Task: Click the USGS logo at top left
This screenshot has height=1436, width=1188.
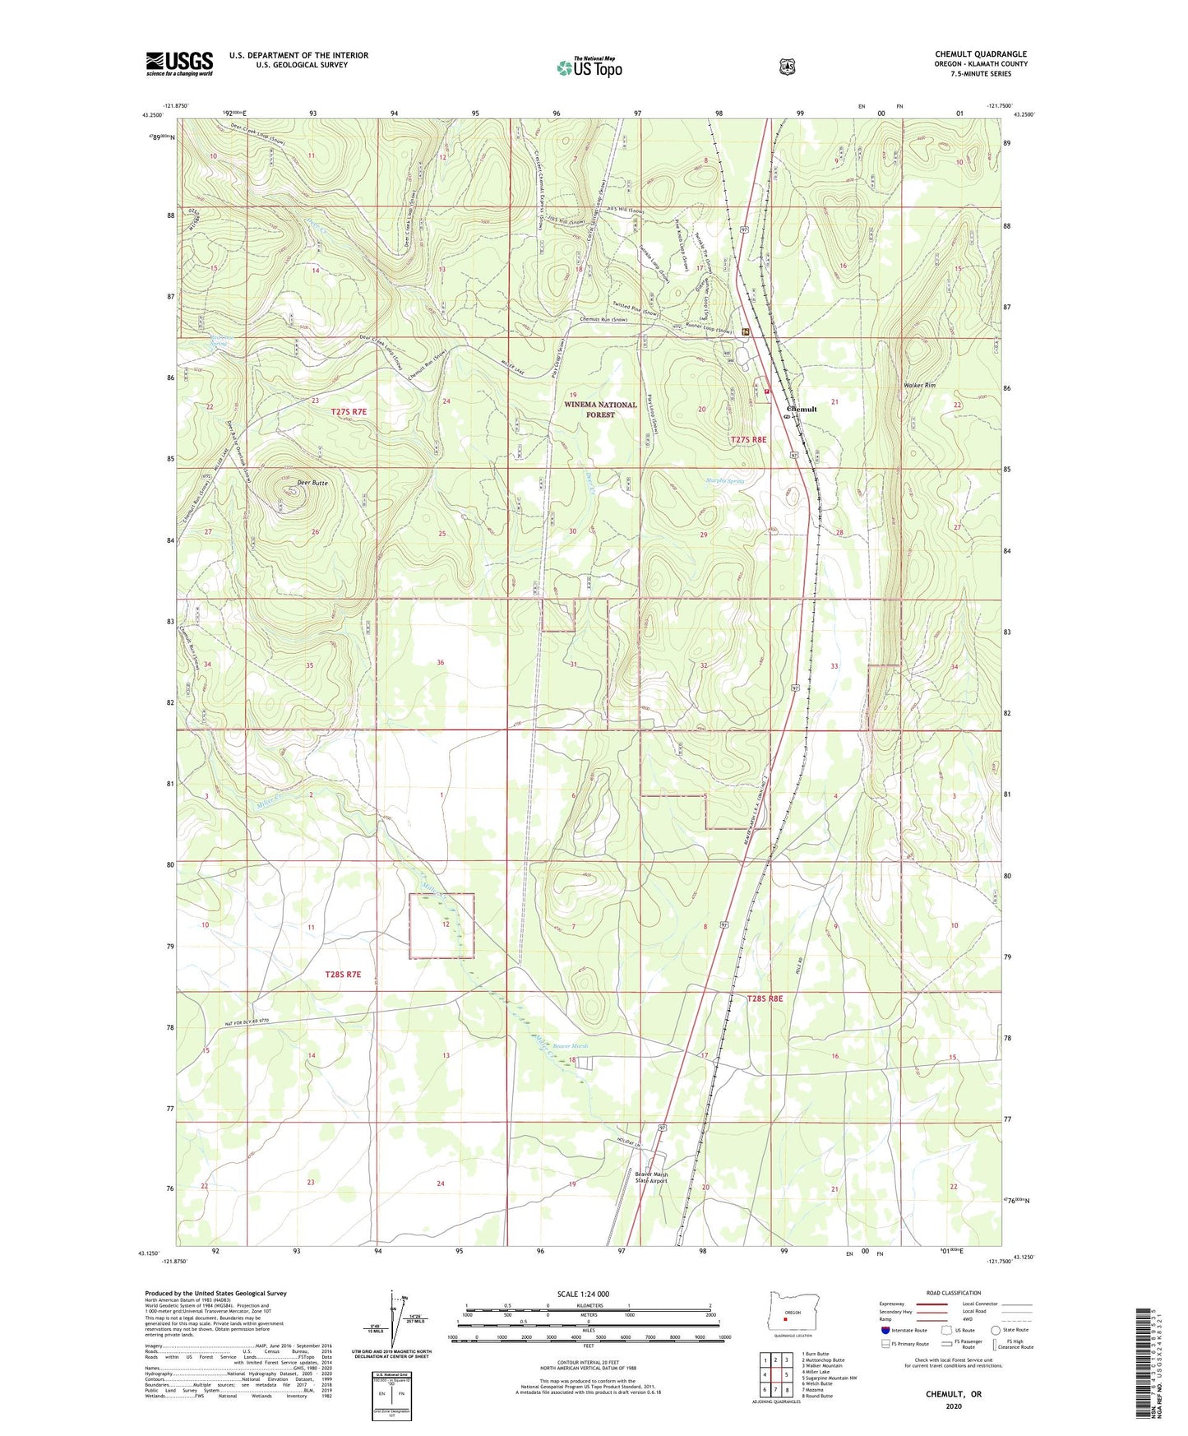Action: [179, 63]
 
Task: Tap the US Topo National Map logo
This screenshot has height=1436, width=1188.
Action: [588, 67]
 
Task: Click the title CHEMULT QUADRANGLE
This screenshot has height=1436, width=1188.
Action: [980, 54]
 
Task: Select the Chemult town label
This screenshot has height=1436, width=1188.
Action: [802, 409]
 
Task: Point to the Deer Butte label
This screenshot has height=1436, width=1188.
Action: [312, 483]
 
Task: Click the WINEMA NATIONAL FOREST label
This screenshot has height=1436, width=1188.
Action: [600, 410]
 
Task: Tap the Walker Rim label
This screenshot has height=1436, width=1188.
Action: [920, 385]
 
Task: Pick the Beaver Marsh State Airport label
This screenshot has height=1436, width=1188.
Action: [652, 1178]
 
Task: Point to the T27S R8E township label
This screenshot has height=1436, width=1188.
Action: [748, 440]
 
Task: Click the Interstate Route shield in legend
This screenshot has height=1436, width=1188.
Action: [885, 1330]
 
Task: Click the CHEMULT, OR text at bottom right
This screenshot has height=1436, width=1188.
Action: [953, 1394]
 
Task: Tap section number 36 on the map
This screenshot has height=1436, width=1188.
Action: [441, 662]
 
